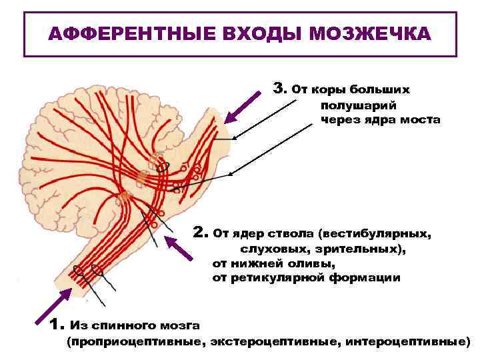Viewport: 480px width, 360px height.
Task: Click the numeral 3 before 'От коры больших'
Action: pyautogui.click(x=279, y=88)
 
